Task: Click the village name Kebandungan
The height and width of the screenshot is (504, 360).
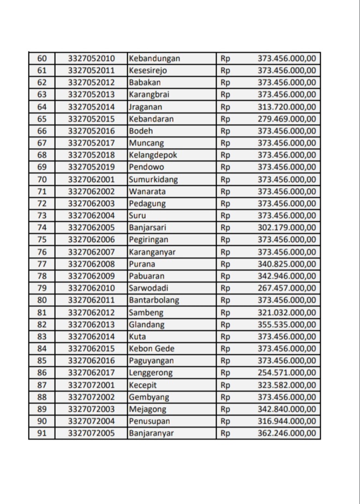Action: click(154, 58)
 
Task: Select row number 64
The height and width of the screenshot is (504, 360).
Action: click(42, 107)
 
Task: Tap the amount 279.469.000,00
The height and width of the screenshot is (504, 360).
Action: click(286, 119)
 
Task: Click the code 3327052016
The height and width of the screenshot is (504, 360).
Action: click(92, 131)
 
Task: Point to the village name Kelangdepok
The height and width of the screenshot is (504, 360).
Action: click(153, 155)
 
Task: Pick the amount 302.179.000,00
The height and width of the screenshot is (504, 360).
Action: click(286, 227)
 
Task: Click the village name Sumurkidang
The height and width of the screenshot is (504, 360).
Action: click(153, 179)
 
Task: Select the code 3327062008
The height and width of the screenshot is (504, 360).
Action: click(92, 264)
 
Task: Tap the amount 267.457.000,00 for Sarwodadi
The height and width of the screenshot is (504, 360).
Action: click(286, 288)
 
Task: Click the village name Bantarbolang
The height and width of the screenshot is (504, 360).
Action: click(154, 300)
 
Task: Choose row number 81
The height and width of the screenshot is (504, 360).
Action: click(42, 313)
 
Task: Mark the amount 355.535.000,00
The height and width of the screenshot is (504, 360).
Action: click(286, 325)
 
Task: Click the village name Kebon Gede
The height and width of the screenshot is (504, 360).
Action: click(152, 349)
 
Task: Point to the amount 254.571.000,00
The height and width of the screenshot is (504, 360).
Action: click(286, 373)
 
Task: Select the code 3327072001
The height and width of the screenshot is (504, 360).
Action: click(92, 385)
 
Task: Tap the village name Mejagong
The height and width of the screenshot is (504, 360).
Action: click(148, 409)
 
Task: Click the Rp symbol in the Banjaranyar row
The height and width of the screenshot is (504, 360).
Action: click(225, 434)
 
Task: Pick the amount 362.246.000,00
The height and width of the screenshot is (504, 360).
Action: click(286, 434)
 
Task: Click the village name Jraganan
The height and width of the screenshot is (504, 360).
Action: click(146, 107)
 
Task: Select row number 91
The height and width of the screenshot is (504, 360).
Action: click(42, 434)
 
